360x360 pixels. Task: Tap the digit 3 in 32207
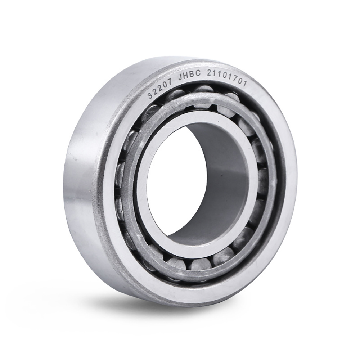pyautogui.click(x=150, y=95)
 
